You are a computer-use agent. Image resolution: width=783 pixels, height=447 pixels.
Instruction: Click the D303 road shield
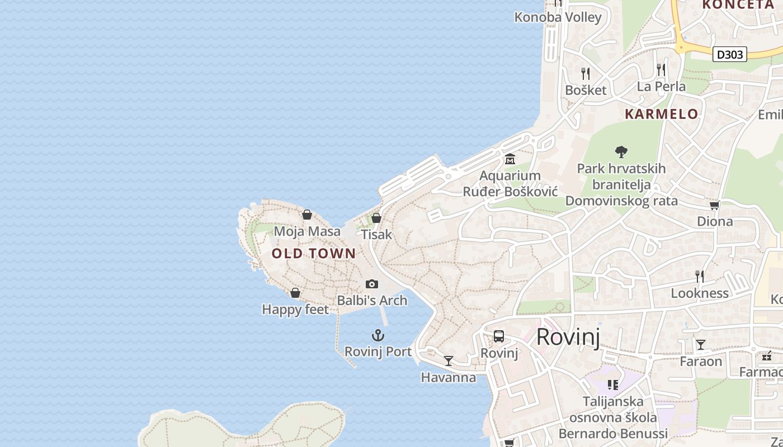[730, 54]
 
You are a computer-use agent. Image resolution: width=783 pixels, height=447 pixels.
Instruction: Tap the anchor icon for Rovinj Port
[379, 335]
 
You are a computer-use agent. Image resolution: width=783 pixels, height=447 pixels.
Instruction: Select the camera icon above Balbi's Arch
[372, 284]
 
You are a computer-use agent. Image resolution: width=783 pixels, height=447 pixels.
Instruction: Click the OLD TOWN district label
[314, 253]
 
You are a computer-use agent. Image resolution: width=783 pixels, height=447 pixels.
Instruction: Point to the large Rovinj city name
[568, 337]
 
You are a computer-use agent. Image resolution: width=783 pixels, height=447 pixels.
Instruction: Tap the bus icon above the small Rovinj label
[499, 336]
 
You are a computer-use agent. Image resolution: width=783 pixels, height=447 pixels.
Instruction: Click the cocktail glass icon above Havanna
[449, 360]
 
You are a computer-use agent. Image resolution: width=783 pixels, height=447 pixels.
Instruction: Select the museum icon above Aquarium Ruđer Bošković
[510, 159]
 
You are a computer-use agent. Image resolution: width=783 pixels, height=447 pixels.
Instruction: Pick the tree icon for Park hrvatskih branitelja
[621, 151]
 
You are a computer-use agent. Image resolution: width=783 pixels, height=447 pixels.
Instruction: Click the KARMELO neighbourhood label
[661, 114]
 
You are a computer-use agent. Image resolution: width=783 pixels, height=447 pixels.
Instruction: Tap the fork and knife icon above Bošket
[586, 73]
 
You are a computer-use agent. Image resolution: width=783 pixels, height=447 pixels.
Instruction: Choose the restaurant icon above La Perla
[661, 69]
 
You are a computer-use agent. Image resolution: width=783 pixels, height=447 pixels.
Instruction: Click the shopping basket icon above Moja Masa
[307, 214]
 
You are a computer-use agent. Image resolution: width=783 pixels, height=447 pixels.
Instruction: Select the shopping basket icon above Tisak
[376, 218]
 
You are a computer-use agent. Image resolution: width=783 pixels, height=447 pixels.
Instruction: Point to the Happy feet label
[295, 309]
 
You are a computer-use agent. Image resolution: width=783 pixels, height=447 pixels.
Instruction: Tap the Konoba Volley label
[558, 17]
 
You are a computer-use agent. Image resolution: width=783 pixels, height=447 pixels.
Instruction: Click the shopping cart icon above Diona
[714, 205]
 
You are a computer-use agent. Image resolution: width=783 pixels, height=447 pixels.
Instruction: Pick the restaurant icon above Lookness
[700, 276]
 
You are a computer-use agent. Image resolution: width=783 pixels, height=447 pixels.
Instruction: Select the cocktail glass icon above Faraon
[701, 344]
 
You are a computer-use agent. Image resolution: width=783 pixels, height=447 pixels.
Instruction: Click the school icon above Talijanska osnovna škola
[613, 384]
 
